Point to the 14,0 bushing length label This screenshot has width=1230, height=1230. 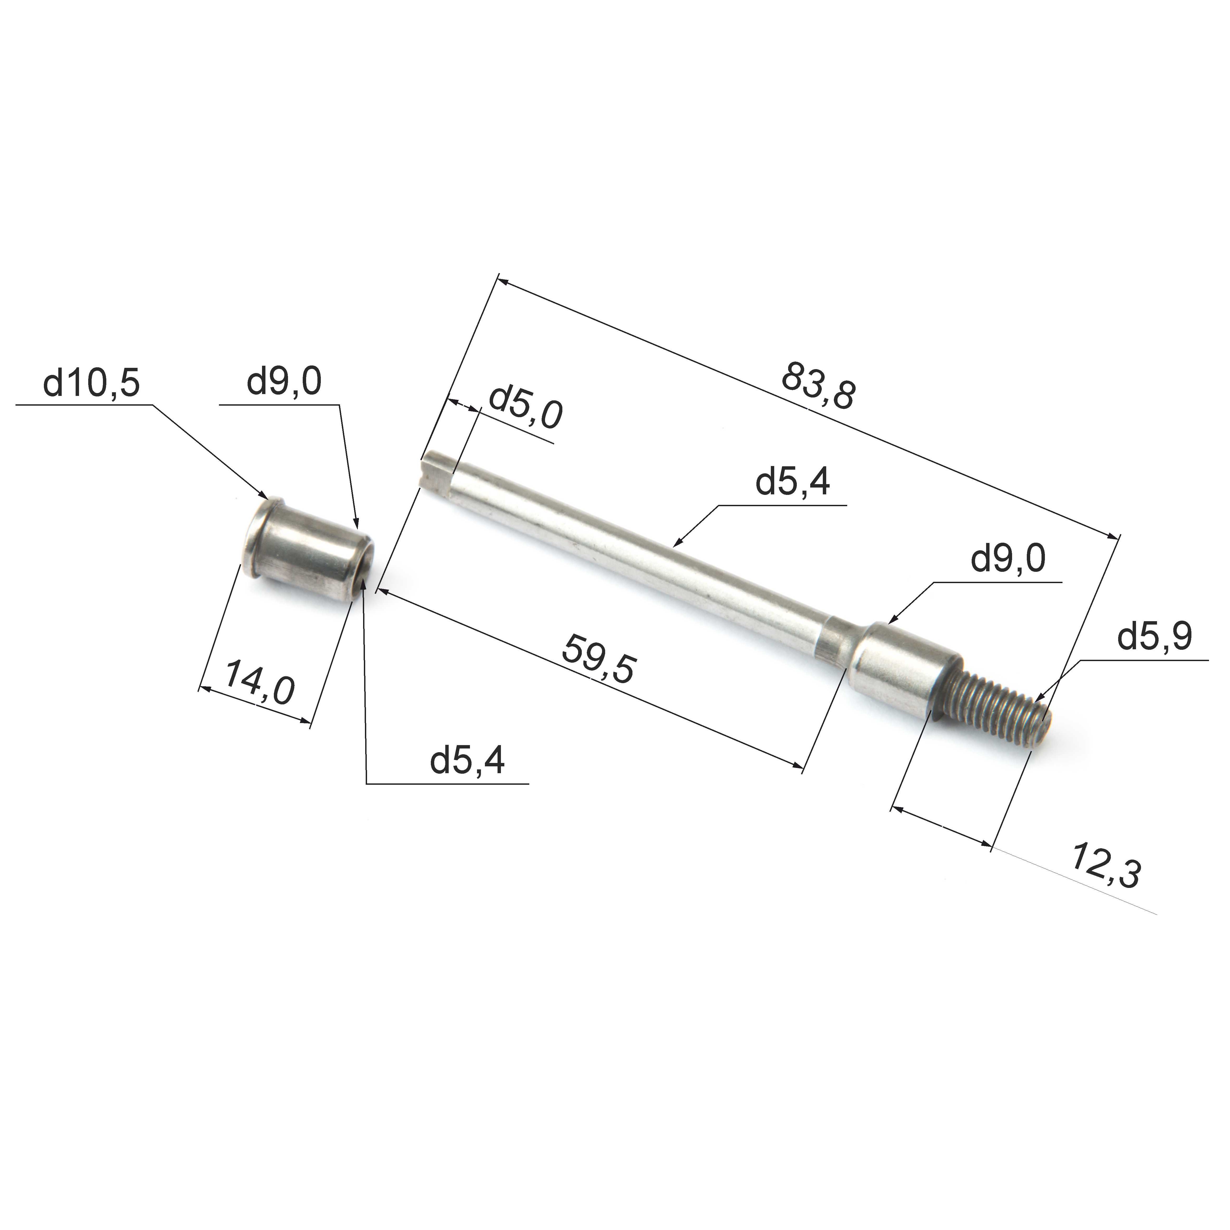(x=260, y=682)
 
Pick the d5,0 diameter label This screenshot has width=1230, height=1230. (x=525, y=406)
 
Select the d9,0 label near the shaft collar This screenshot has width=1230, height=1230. (x=1008, y=559)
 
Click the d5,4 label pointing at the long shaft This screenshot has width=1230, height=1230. (x=793, y=482)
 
